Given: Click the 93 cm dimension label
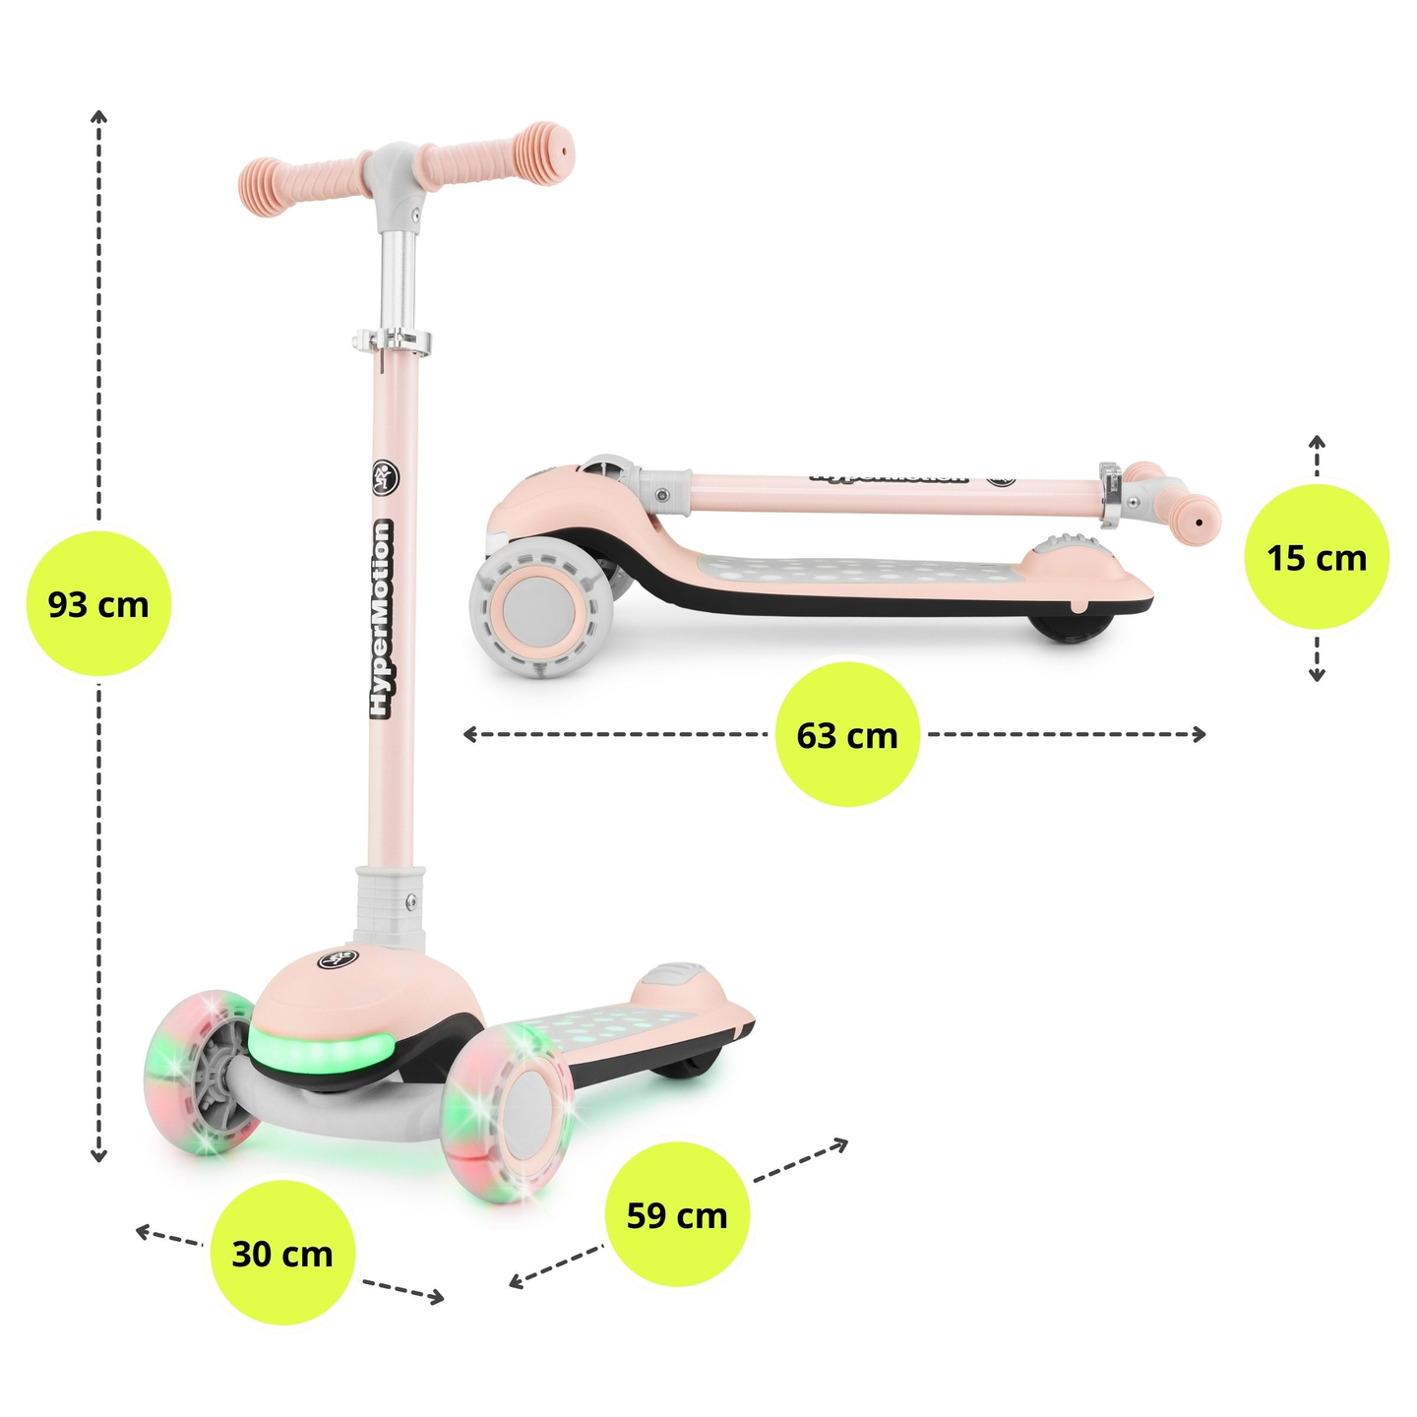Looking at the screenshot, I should (98, 603).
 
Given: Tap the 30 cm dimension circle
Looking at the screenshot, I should (282, 1253).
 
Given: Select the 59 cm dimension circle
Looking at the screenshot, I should (677, 1214).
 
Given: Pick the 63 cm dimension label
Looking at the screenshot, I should (847, 734).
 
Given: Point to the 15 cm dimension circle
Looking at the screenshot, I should (1317, 558).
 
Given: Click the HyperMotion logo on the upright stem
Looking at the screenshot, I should (381, 620).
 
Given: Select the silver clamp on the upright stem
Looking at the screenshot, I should (392, 340).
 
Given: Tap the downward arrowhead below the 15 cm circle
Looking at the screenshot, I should (1317, 674).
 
